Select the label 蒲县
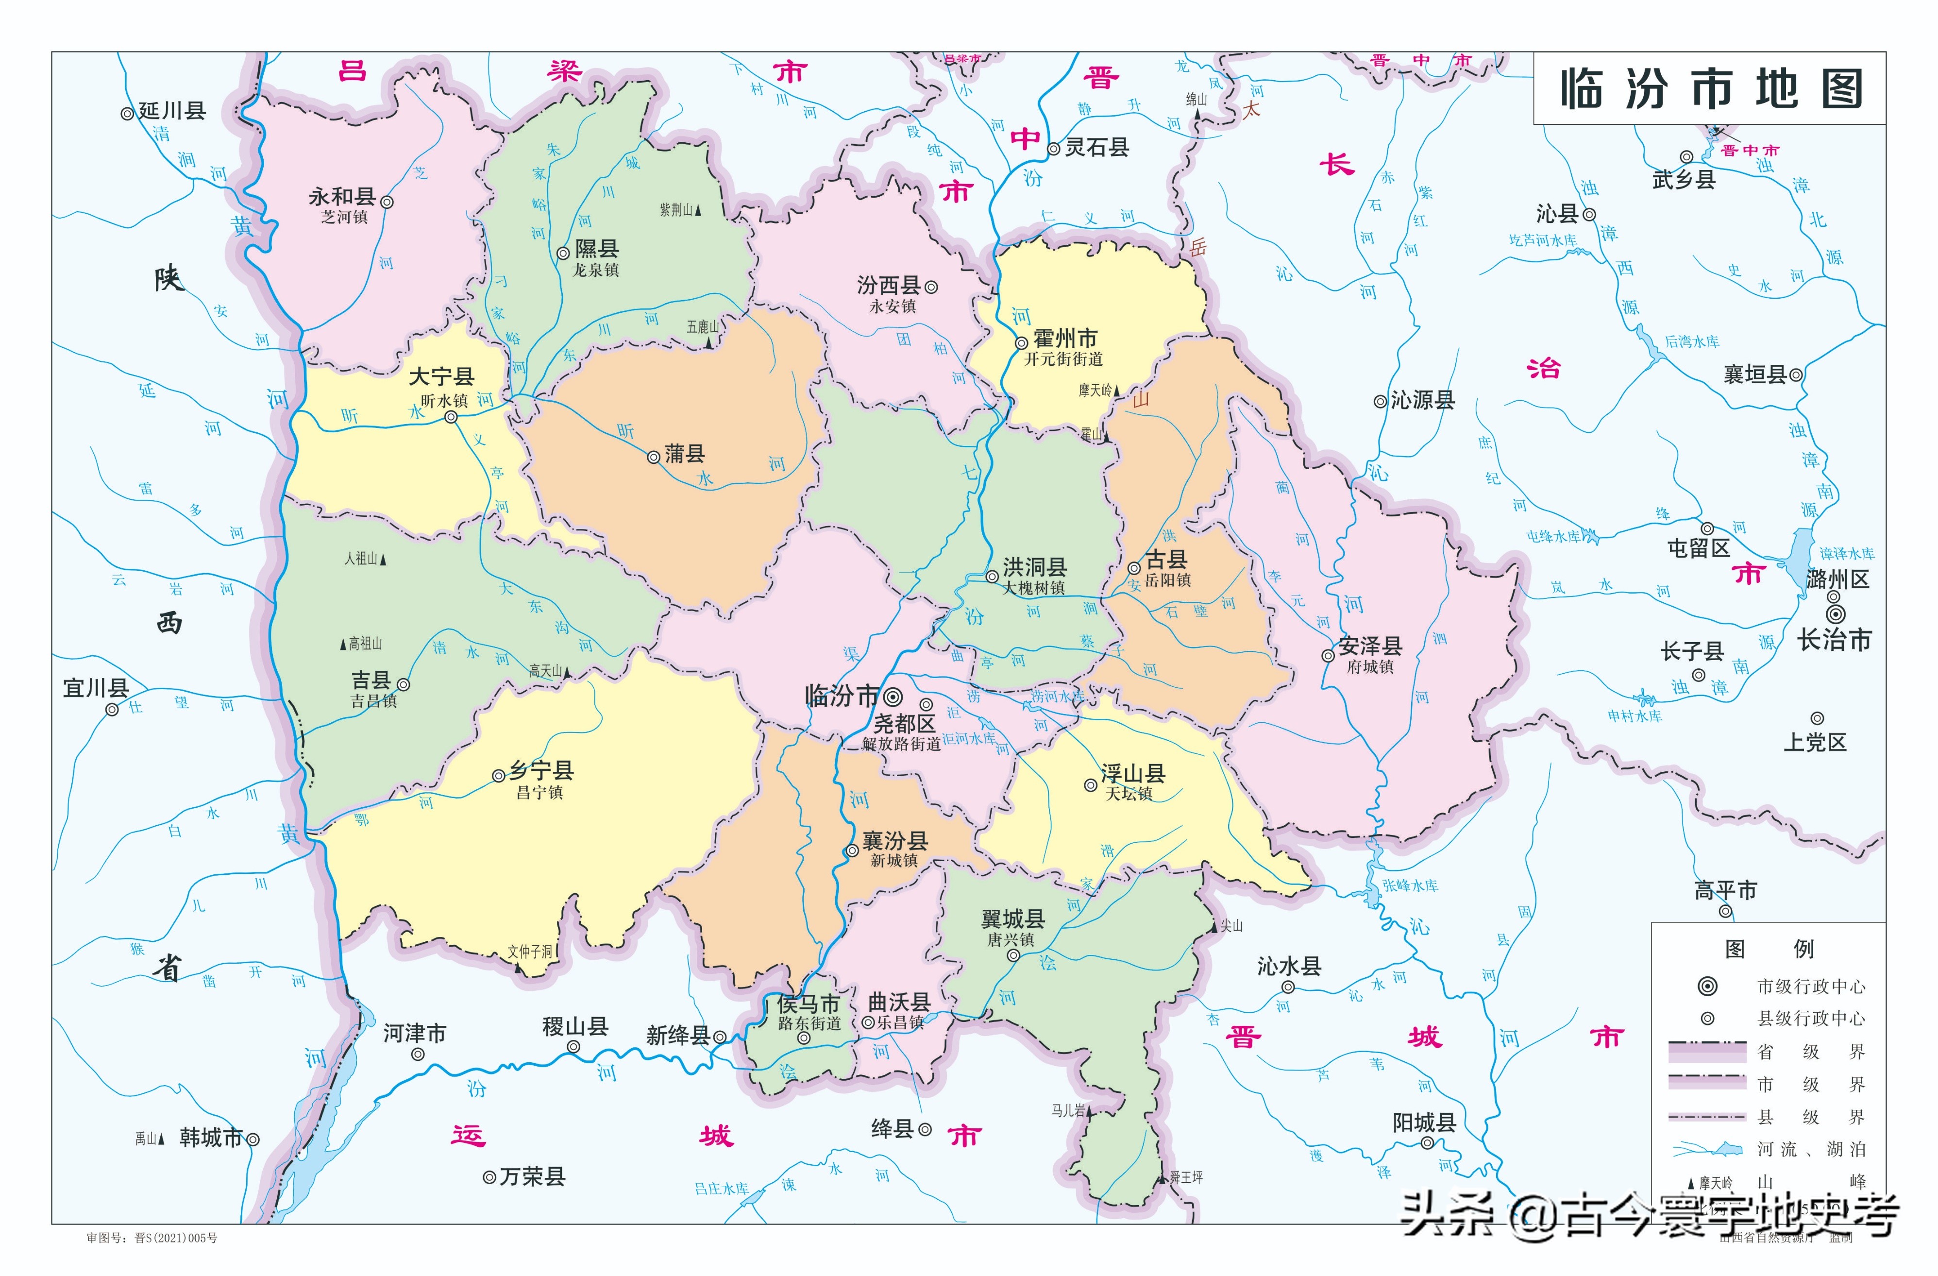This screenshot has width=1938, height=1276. pos(685,454)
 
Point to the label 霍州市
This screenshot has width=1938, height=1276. pos(1065,338)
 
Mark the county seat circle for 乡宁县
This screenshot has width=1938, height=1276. pos(498,776)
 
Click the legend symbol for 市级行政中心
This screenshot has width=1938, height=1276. pos(1707,986)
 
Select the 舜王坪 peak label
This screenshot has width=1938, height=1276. pos(1186,1177)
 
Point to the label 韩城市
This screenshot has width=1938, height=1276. pos(211,1138)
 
